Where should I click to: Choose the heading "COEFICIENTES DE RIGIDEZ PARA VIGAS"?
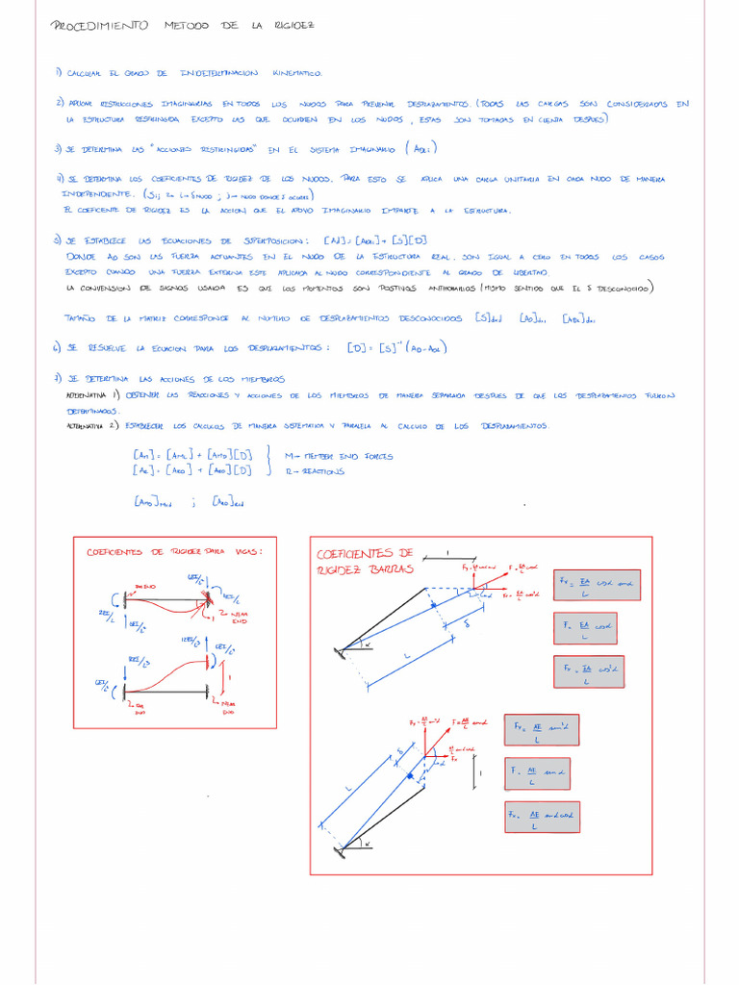pyautogui.click(x=174, y=552)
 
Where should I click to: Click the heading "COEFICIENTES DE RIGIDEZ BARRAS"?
pyautogui.click(x=365, y=561)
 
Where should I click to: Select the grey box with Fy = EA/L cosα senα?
pyautogui.click(x=596, y=587)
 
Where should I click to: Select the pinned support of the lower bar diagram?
pyautogui.click(x=341, y=849)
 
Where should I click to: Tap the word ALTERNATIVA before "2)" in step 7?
pyautogui.click(x=86, y=424)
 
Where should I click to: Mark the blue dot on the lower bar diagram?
pyautogui.click(x=411, y=773)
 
